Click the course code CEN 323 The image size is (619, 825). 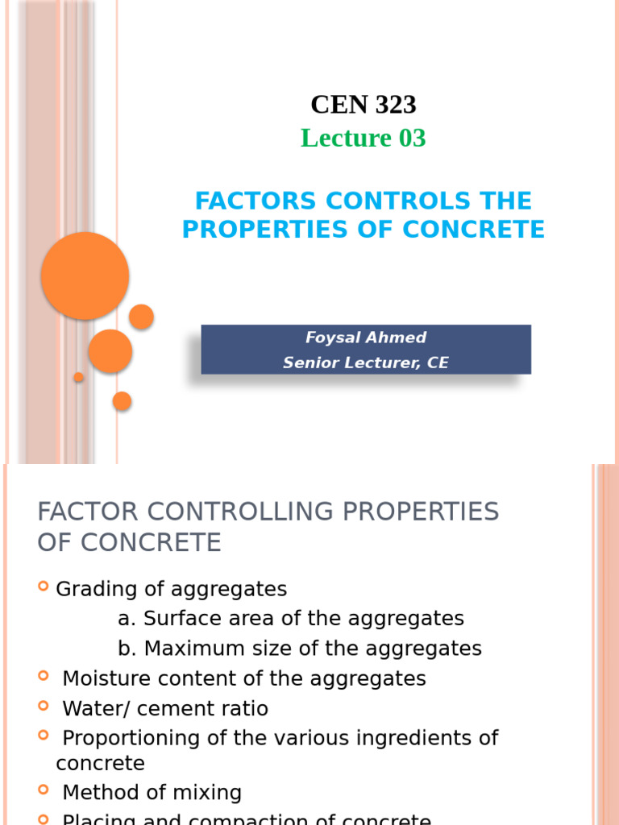point(364,105)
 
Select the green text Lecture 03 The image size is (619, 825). point(363,139)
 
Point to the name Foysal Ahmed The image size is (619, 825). point(366,338)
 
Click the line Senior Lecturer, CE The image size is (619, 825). point(366,363)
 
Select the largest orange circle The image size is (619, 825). point(85,276)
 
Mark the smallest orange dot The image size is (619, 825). point(79,377)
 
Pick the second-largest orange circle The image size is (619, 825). point(110,351)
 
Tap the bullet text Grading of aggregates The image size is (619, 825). point(171,590)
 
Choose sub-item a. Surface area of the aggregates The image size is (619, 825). point(291,619)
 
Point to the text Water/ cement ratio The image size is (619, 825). point(165,709)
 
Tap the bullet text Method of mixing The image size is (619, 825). point(152,793)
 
